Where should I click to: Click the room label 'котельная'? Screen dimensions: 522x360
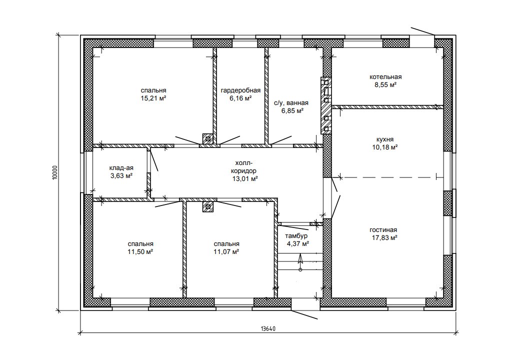(385, 77)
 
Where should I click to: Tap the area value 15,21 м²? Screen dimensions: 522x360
(153, 98)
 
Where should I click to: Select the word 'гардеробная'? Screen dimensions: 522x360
(240, 90)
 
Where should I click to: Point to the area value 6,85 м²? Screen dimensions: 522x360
(292, 110)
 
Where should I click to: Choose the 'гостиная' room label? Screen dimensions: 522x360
(383, 230)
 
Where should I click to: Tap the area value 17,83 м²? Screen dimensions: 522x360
(385, 237)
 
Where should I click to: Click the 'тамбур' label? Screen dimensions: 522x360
(296, 236)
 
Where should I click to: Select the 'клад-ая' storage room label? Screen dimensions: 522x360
(121, 168)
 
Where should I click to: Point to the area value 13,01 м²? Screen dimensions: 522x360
(245, 179)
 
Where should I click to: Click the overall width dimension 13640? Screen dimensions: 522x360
(268, 328)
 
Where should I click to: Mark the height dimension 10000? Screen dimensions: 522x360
(55, 173)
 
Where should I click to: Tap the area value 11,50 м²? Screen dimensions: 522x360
(140, 251)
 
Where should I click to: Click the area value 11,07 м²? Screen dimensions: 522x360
(226, 251)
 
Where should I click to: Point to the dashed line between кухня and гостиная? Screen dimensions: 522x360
(389, 177)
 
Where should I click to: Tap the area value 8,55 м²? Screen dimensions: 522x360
(385, 85)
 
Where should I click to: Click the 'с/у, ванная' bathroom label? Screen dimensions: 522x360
(291, 103)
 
